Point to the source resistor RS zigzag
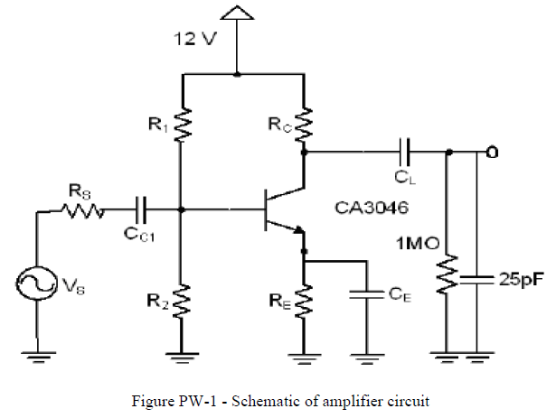[85, 211]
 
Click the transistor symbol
[276, 210]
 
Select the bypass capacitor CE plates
[367, 293]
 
